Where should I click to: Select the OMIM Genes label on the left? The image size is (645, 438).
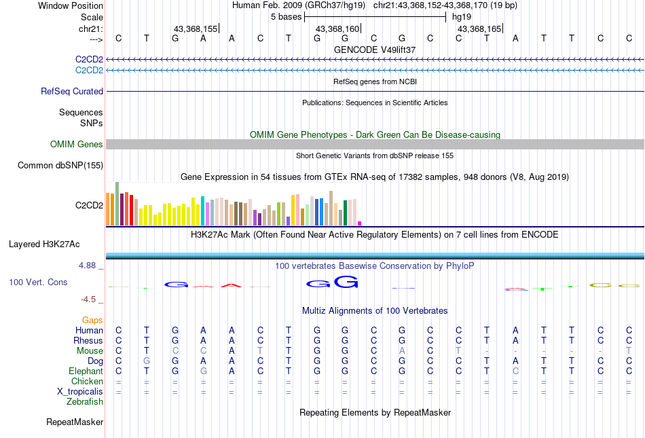(77, 144)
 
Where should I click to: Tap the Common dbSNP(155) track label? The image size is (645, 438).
(60, 165)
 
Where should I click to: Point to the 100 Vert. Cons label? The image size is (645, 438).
(38, 282)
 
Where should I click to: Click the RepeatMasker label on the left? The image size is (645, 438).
(75, 422)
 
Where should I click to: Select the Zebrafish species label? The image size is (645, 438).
(85, 401)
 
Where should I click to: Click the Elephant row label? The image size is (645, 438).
(86, 371)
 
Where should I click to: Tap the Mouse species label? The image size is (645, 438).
(90, 350)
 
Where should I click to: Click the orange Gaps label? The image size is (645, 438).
(92, 320)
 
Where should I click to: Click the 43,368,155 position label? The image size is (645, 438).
(196, 29)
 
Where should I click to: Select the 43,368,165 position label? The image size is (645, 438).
(479, 29)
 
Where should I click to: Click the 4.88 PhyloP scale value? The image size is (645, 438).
(88, 266)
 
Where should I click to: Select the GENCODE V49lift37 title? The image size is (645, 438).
(375, 50)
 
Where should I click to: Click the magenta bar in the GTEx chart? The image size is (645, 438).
(360, 223)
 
